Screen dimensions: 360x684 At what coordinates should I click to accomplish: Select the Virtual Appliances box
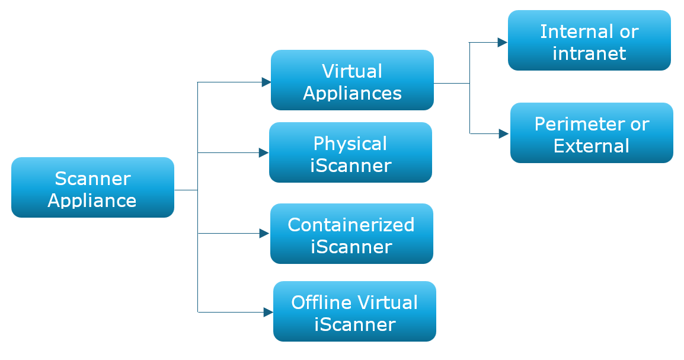click(352, 80)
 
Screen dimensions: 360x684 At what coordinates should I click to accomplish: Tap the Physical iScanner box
click(350, 152)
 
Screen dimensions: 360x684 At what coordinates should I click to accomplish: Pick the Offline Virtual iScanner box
click(354, 311)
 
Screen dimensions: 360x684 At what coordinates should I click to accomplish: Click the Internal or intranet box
click(589, 40)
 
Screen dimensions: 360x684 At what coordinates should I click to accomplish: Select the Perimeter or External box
click(592, 133)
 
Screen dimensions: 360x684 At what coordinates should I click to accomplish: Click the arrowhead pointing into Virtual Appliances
click(266, 82)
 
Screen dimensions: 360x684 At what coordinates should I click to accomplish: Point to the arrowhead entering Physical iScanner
click(264, 153)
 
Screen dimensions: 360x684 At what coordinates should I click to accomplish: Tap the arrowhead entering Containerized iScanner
click(265, 234)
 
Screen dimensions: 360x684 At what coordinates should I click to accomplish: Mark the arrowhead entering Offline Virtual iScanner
click(268, 312)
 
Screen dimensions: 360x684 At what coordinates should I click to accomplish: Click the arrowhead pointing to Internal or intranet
click(503, 43)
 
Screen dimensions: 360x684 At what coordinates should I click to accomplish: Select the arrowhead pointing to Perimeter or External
click(504, 134)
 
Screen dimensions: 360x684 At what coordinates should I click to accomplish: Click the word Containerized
click(351, 225)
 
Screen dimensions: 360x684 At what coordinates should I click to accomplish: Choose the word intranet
click(589, 53)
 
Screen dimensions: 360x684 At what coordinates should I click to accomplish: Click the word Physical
click(350, 144)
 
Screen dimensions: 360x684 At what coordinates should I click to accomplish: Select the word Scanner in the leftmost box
click(92, 179)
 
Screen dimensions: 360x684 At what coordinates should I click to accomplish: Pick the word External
click(592, 146)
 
